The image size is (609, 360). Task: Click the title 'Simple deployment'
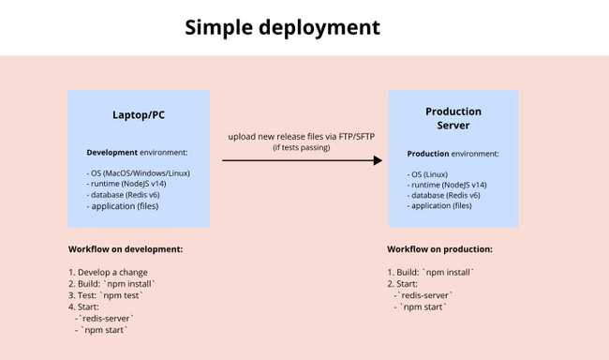tap(282, 27)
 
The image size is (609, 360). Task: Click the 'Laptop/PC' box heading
tap(139, 116)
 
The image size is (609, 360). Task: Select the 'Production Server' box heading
tap(453, 118)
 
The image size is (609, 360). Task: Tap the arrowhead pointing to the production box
tap(378, 160)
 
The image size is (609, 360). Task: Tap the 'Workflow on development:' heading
tap(125, 249)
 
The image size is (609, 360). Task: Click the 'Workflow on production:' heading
tap(439, 249)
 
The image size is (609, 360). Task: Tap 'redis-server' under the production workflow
tap(426, 294)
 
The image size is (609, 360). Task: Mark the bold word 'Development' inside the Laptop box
tap(111, 151)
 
